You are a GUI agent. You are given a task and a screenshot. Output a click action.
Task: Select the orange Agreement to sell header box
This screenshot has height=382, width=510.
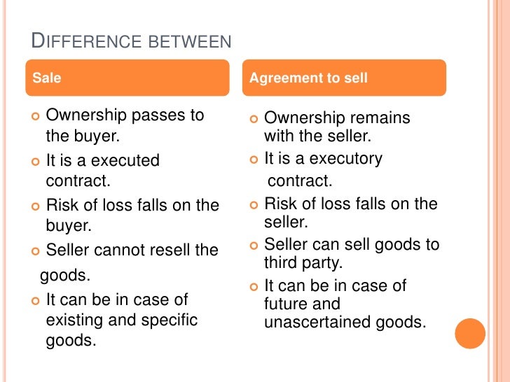click(x=347, y=78)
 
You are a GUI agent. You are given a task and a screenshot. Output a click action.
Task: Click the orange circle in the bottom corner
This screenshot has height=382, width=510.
click(x=469, y=333)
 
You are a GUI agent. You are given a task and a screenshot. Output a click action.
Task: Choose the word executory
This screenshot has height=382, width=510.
click(x=346, y=160)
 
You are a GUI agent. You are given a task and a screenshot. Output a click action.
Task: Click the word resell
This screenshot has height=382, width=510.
click(x=175, y=250)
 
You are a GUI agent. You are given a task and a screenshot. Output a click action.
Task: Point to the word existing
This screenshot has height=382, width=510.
click(x=72, y=321)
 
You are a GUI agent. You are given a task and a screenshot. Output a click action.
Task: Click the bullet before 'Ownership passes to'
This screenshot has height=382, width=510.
click(x=36, y=115)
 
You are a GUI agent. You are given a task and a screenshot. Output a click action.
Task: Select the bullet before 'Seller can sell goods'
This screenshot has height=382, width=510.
click(x=254, y=245)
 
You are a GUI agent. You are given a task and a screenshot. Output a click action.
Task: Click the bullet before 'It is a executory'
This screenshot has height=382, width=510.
click(x=254, y=160)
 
